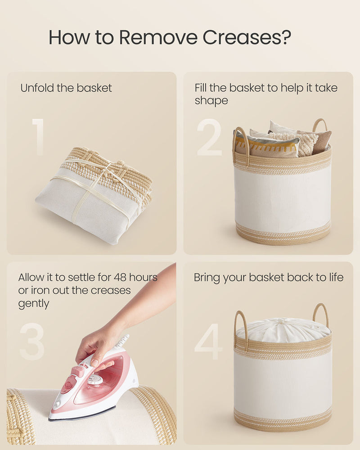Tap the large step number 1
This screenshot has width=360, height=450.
(x=38, y=137)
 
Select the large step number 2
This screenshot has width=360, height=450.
(x=210, y=137)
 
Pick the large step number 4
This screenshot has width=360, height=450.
(x=208, y=342)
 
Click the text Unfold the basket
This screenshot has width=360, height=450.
(x=66, y=88)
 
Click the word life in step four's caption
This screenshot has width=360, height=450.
(x=333, y=277)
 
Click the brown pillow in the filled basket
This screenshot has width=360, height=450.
(x=322, y=140)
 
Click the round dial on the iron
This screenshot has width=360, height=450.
(x=95, y=380)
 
